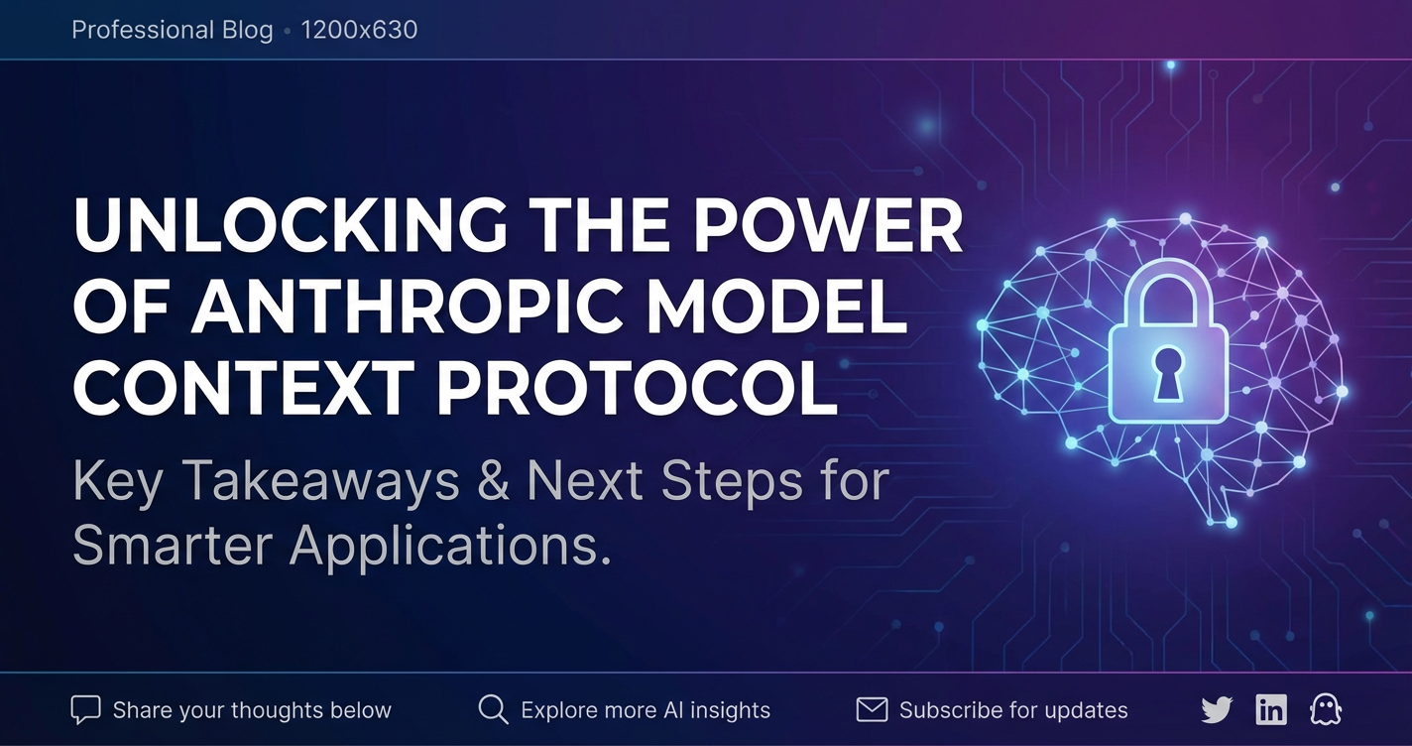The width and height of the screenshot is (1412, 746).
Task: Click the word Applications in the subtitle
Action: (x=449, y=545)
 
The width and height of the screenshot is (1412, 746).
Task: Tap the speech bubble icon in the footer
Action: (x=86, y=709)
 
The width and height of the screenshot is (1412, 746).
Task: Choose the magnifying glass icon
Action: (x=493, y=709)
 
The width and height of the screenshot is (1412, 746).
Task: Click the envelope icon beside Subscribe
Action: (x=872, y=709)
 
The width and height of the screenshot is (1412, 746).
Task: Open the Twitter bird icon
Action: (x=1217, y=709)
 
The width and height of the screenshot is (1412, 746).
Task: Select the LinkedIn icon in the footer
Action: (x=1271, y=709)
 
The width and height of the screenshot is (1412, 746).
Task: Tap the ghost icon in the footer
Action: (x=1325, y=709)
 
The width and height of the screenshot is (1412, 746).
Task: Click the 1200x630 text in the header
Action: (x=359, y=30)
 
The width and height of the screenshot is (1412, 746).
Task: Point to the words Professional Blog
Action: (x=173, y=30)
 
